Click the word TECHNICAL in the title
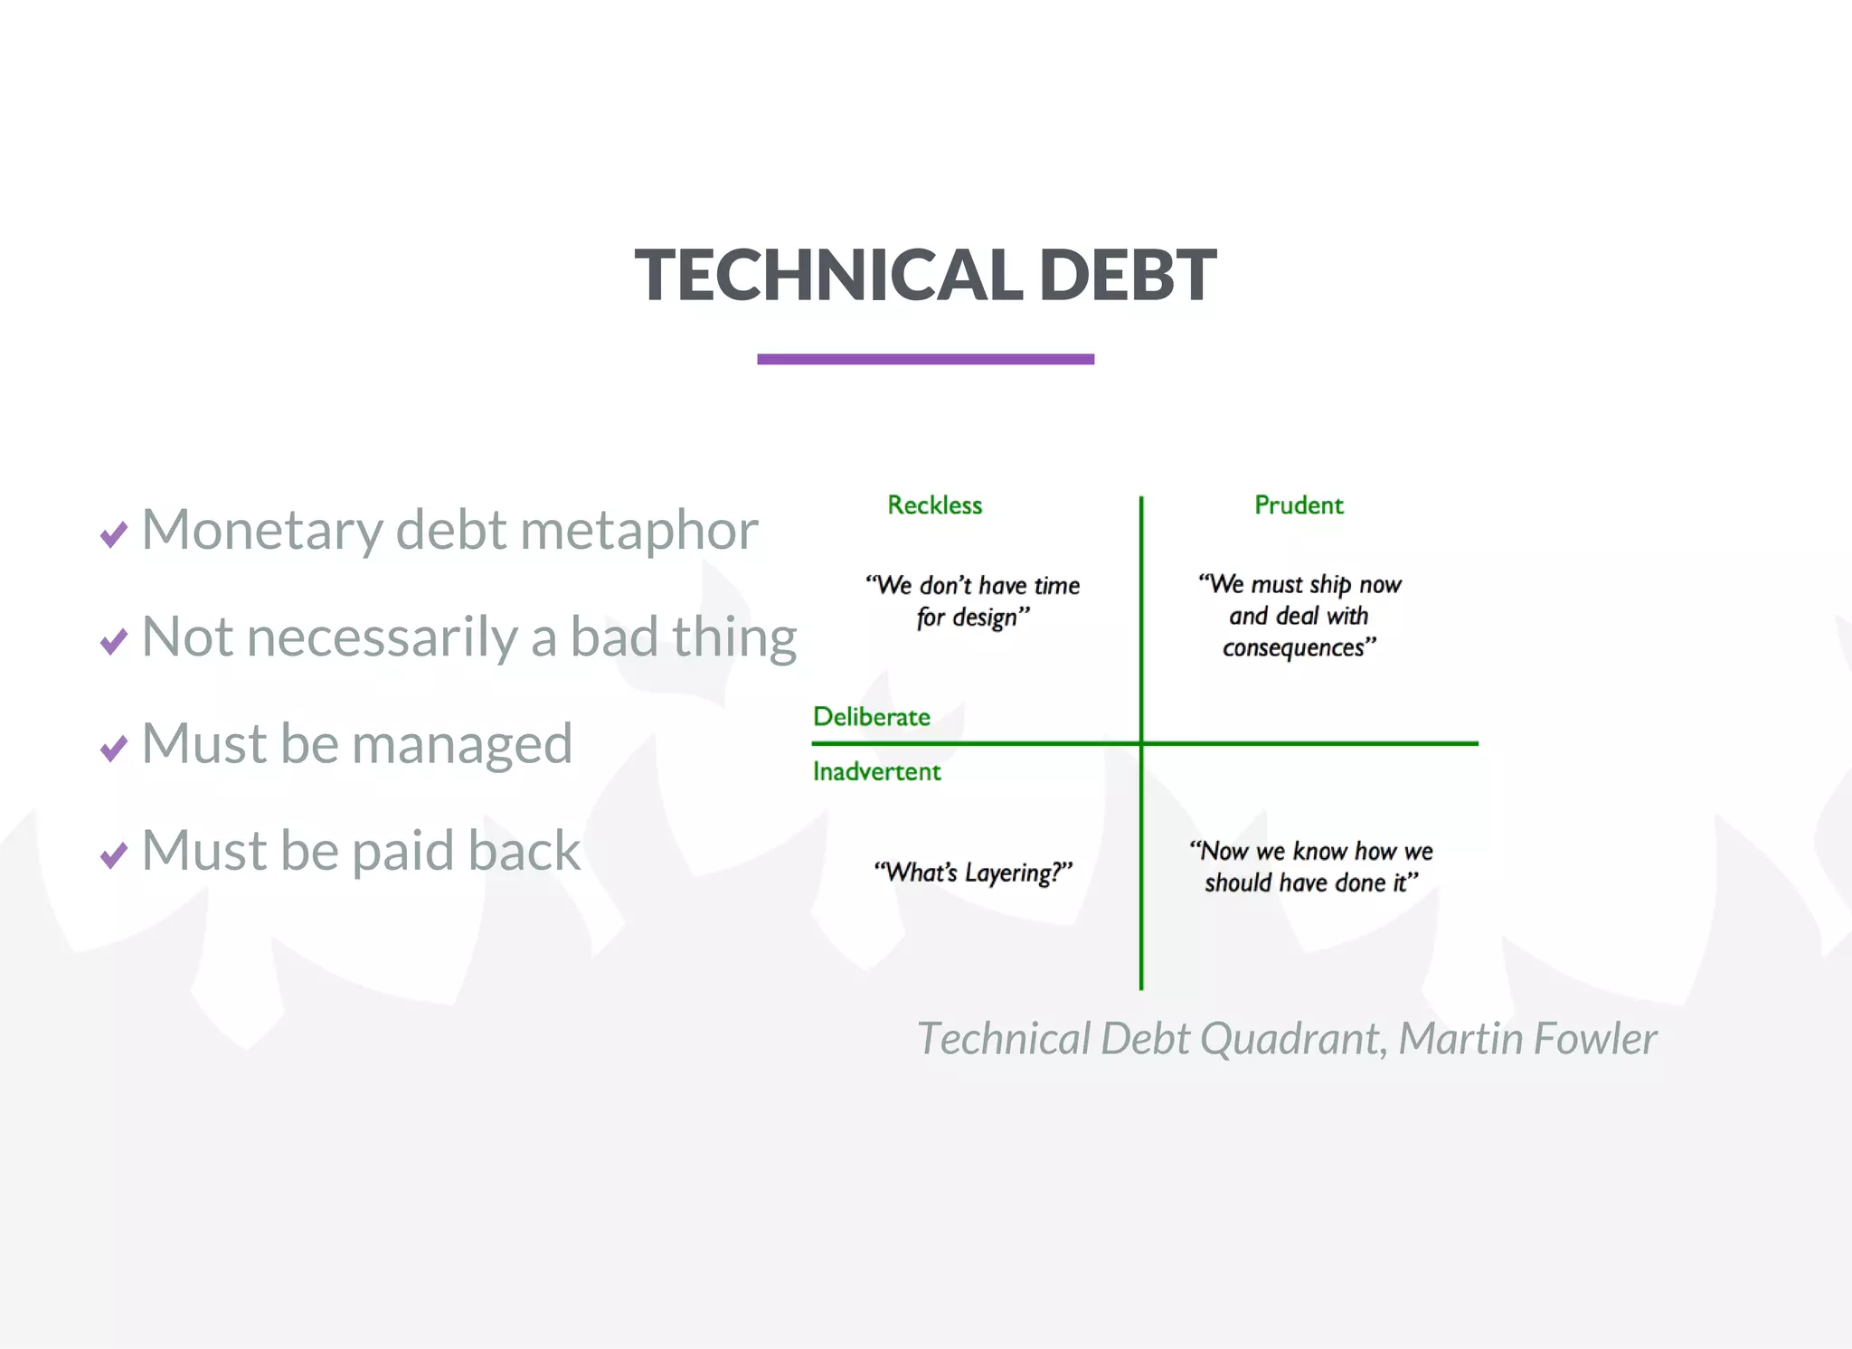click(828, 275)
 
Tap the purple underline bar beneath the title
click(925, 359)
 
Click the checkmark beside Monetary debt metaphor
click(114, 534)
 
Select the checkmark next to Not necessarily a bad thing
click(114, 641)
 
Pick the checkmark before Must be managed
click(114, 749)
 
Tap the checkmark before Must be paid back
click(114, 854)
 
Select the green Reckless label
click(934, 505)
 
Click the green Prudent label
click(1299, 505)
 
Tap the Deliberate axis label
click(871, 717)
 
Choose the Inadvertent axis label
click(876, 771)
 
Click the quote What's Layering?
click(973, 873)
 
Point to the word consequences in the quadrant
click(1294, 648)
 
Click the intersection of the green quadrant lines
click(1141, 743)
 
